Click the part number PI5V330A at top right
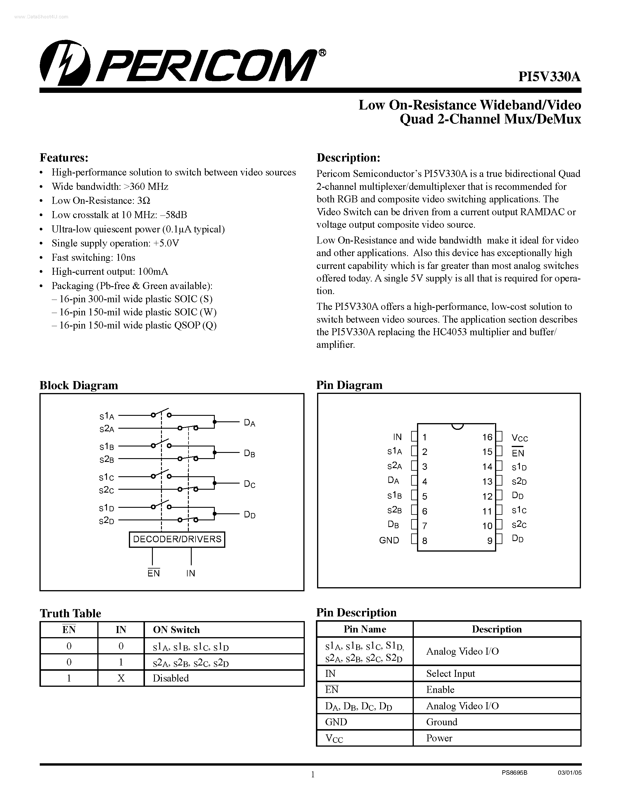coord(550,77)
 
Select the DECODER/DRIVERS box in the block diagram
coord(177,539)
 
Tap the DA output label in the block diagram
coord(250,423)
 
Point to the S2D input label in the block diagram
coord(107,521)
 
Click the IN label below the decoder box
coord(191,573)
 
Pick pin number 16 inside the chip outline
coord(487,437)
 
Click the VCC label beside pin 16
coord(520,438)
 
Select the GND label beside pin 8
coord(389,540)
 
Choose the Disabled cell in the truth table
coord(171,678)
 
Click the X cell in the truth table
coord(121,678)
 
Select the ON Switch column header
coord(176,630)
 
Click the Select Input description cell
coord(451,673)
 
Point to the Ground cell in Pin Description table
coord(442,722)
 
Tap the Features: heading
coord(64,158)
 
